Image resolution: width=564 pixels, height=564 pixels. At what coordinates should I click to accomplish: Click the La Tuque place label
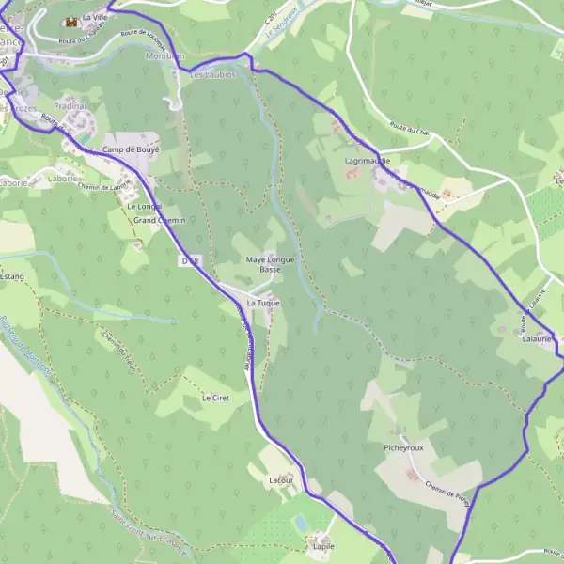click(x=263, y=304)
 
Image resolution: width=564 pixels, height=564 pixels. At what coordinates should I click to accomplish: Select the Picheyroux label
click(x=404, y=448)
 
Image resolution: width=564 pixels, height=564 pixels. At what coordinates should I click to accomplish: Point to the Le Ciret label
click(x=216, y=399)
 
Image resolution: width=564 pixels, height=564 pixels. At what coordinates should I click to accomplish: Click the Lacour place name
click(x=282, y=480)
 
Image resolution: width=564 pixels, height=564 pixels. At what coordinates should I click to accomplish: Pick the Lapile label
click(x=323, y=545)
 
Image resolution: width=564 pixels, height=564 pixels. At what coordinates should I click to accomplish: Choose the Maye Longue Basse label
click(x=265, y=264)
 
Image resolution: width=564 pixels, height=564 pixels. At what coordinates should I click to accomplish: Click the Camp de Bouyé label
click(x=132, y=149)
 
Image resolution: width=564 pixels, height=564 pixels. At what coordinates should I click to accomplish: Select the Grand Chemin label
click(x=160, y=220)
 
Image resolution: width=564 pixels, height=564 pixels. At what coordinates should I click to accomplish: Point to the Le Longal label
click(x=145, y=206)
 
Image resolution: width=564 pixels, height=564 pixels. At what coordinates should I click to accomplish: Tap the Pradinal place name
click(x=70, y=106)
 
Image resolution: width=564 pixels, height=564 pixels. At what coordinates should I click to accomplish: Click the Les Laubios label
click(x=211, y=74)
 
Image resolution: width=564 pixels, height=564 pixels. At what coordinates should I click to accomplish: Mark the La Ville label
click(x=95, y=17)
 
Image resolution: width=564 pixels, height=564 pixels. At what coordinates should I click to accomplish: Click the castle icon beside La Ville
click(x=70, y=21)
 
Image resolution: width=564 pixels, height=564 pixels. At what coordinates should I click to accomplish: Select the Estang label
click(x=11, y=276)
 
